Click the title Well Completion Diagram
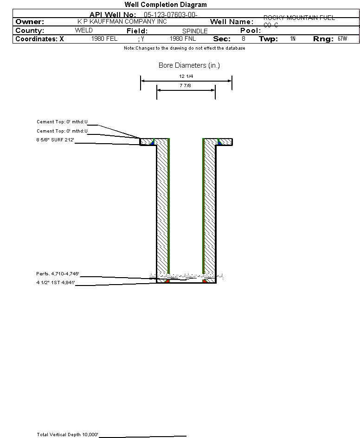(x=166, y=5)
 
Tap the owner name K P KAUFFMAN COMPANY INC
(x=122, y=22)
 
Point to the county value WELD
(x=84, y=31)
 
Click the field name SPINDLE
(x=195, y=31)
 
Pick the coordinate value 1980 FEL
(x=105, y=39)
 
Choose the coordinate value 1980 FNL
(x=183, y=39)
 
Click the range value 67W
(x=342, y=39)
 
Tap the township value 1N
(x=292, y=39)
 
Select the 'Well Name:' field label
(x=231, y=22)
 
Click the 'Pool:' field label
(x=251, y=31)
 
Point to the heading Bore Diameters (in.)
(x=189, y=65)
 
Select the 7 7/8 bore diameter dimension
(x=186, y=85)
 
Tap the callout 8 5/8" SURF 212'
(x=55, y=140)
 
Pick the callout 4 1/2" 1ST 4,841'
(x=55, y=282)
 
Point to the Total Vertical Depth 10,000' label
(x=67, y=434)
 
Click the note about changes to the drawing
(x=184, y=48)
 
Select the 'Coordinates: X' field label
(x=40, y=39)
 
